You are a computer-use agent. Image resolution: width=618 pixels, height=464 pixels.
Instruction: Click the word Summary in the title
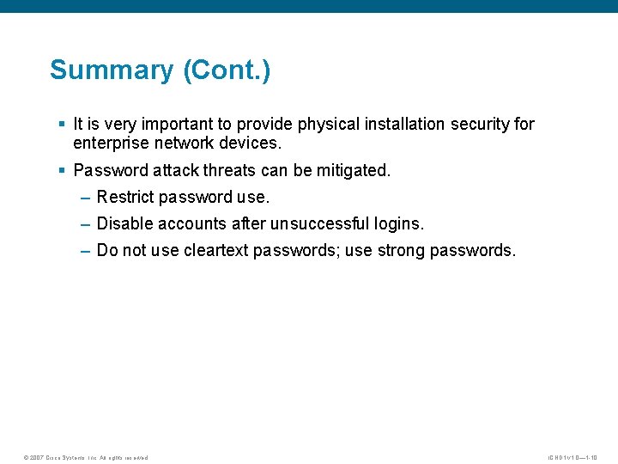[x=112, y=70]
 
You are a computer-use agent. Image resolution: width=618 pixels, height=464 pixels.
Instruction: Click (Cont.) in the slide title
[x=227, y=70]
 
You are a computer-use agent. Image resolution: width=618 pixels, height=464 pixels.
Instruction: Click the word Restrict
[x=124, y=198]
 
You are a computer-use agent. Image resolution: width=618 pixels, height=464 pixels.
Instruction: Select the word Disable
[x=124, y=224]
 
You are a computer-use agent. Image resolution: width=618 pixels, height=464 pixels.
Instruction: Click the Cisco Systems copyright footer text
[x=86, y=457]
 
